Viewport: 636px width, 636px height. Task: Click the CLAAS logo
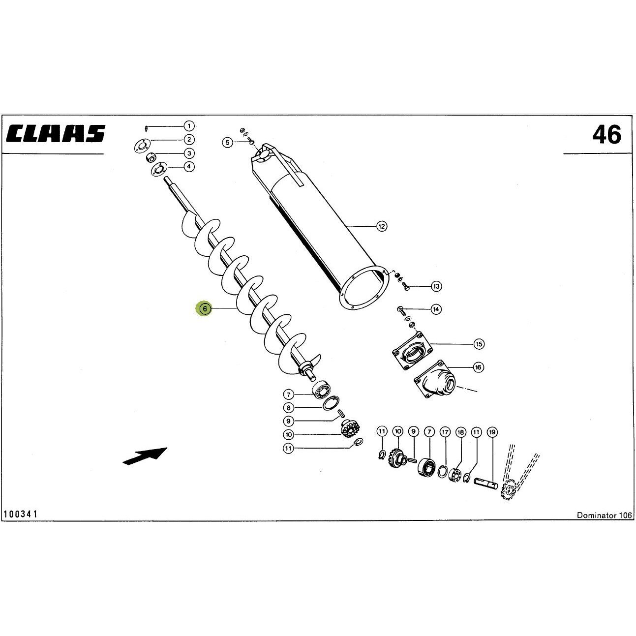56,134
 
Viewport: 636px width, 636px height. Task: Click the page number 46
606,135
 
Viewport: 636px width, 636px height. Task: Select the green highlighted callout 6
205,308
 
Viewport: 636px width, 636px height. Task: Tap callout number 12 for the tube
382,226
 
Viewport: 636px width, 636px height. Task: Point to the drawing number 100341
21,523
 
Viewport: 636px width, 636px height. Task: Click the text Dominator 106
605,524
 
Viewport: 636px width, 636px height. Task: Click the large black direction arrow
145,456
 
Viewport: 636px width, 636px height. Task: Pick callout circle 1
189,126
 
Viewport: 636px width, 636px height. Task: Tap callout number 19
492,432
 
